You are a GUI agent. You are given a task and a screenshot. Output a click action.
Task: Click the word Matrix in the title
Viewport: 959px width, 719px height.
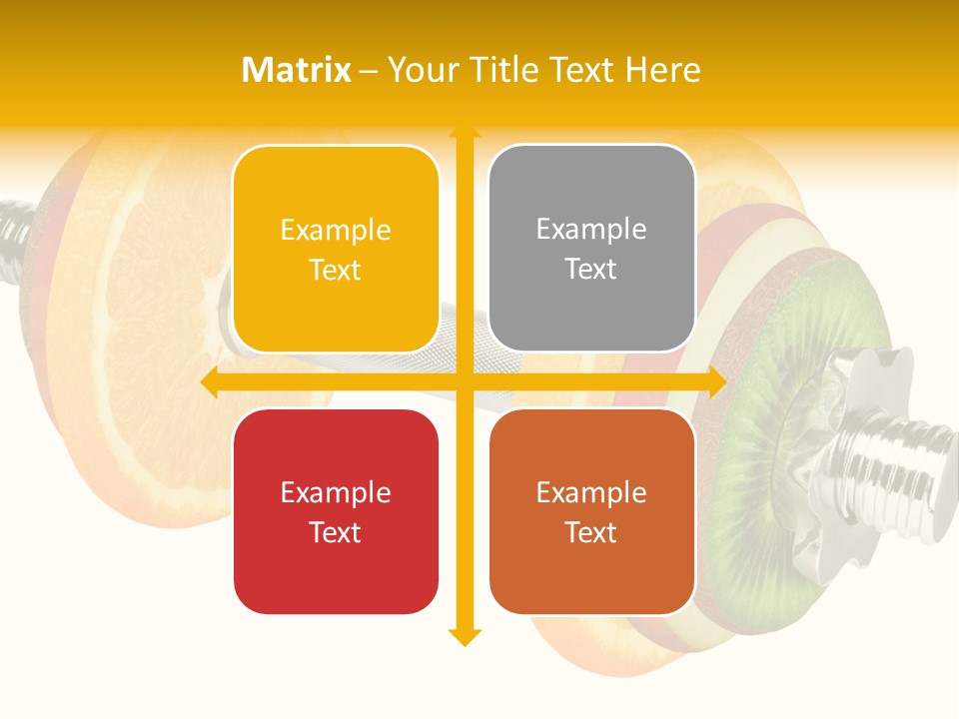[x=296, y=70]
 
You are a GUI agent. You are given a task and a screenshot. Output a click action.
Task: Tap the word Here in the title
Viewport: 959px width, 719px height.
[x=662, y=70]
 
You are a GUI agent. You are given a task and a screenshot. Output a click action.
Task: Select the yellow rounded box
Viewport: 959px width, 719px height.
[x=336, y=249]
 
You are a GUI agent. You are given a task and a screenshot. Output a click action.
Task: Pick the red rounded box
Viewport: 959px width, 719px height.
[x=336, y=511]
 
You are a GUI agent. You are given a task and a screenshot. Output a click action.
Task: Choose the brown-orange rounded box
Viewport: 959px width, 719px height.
[x=591, y=511]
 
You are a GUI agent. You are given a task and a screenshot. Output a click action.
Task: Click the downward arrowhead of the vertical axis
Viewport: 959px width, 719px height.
[x=464, y=637]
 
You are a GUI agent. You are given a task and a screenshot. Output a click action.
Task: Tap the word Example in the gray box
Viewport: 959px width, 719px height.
[x=591, y=229]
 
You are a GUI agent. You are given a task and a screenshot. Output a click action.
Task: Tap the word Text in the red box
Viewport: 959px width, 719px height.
[x=336, y=532]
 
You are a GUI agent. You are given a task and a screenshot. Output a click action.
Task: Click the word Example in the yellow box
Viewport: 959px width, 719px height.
[x=336, y=230]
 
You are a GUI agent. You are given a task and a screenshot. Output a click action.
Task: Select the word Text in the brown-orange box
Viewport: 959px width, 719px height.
[x=591, y=532]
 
